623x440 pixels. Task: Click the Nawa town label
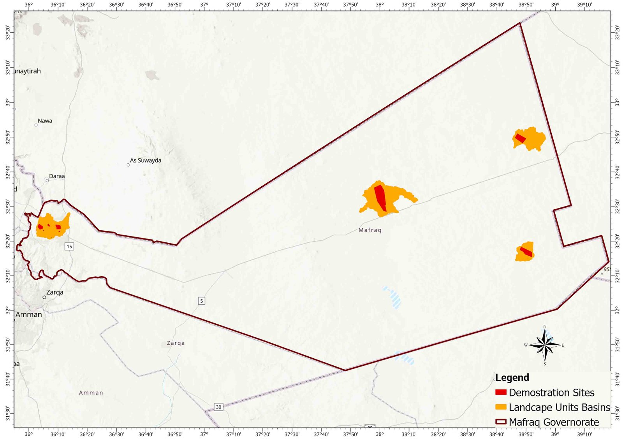tap(45, 121)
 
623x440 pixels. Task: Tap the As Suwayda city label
tap(145, 161)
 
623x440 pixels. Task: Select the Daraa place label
tap(57, 177)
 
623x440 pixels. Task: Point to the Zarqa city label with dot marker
tap(55, 293)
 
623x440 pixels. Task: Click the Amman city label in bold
tap(29, 315)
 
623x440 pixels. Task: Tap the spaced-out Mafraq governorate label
tap(370, 230)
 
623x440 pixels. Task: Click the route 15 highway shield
tap(69, 246)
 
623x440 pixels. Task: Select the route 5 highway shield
tap(201, 301)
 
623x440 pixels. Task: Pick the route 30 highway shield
tap(218, 407)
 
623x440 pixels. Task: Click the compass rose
tap(545, 345)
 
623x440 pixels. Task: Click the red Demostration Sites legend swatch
tap(501, 393)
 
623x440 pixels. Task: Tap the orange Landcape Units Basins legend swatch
tap(501, 407)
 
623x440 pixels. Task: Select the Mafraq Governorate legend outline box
tap(501, 422)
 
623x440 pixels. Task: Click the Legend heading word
tap(512, 378)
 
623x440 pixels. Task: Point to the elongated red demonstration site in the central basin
tap(380, 197)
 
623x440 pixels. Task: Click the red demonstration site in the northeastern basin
tap(521, 138)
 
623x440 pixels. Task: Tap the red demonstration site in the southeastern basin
tap(526, 252)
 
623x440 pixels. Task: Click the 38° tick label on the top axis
tap(380, 5)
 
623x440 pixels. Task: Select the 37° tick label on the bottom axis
tap(204, 435)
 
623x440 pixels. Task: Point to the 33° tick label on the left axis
tap(7, 103)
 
